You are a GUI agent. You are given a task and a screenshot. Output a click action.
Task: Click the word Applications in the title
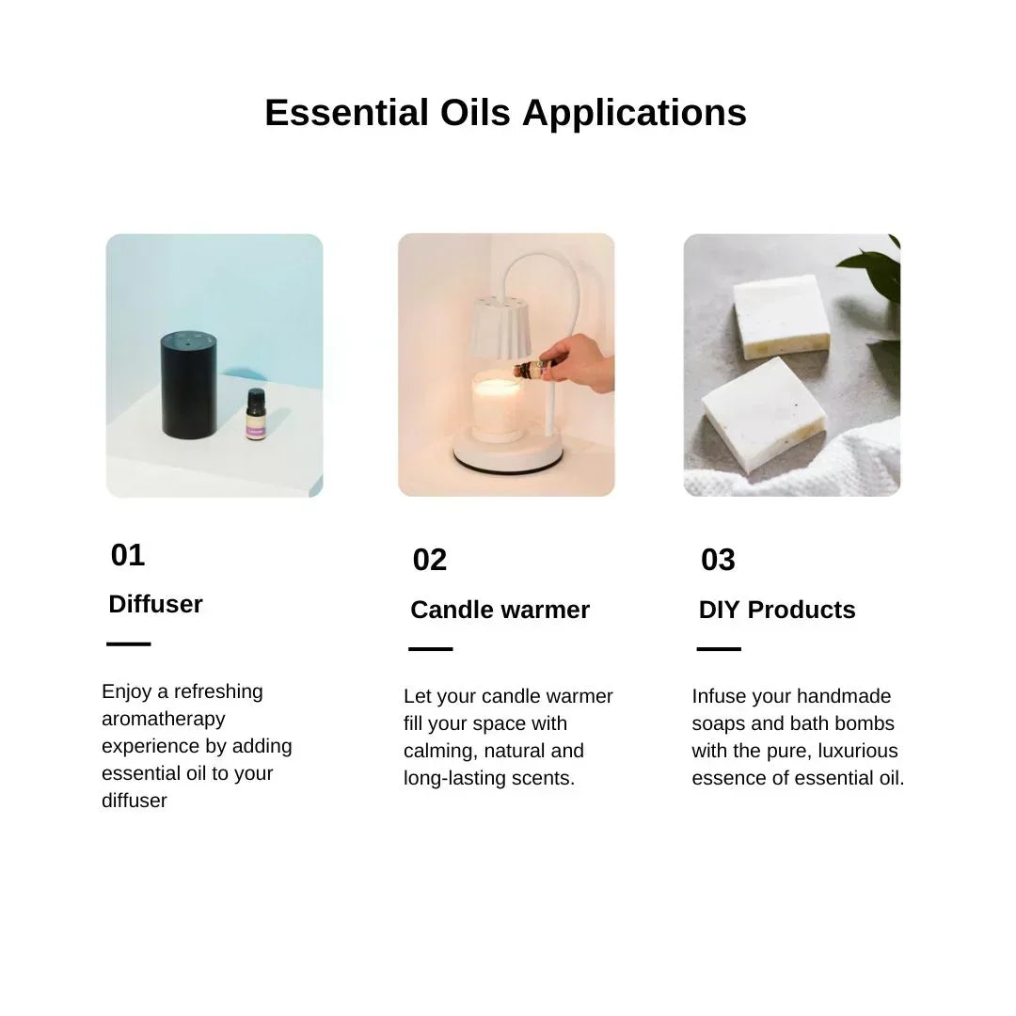tap(634, 113)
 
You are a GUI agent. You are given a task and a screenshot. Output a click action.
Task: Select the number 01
tap(128, 555)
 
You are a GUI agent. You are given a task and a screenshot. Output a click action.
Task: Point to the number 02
tap(430, 560)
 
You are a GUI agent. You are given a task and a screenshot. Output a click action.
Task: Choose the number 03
tap(718, 560)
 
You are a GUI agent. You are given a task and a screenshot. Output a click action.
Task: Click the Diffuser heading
tap(155, 604)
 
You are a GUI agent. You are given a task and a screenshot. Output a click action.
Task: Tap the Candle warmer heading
tap(500, 610)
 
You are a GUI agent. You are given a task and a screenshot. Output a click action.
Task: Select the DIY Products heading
tap(777, 610)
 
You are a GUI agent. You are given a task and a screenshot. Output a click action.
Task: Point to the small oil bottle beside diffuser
tap(256, 416)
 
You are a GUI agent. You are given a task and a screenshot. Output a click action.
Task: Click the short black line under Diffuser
tap(129, 644)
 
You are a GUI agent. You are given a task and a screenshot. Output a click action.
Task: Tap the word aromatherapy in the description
tap(163, 719)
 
